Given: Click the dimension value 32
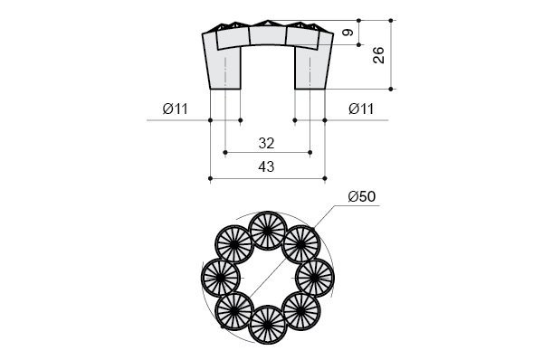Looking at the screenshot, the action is click(266, 143).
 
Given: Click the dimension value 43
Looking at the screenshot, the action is click(266, 166).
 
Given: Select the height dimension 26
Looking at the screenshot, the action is click(378, 54).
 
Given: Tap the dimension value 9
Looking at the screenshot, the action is click(348, 33).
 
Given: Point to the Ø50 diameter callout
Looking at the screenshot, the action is click(362, 196).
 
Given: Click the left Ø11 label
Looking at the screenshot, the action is click(176, 109).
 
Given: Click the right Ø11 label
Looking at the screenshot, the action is click(361, 109).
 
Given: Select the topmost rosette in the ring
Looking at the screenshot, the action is click(268, 231).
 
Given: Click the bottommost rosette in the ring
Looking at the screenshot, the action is click(268, 325).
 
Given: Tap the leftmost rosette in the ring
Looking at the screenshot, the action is click(221, 278).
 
